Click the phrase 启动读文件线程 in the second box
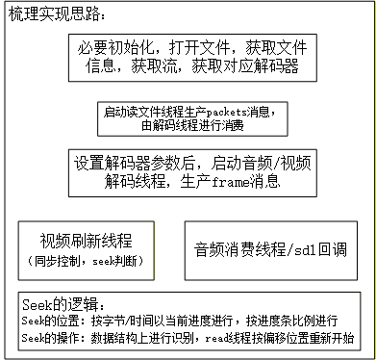click(142, 111)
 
